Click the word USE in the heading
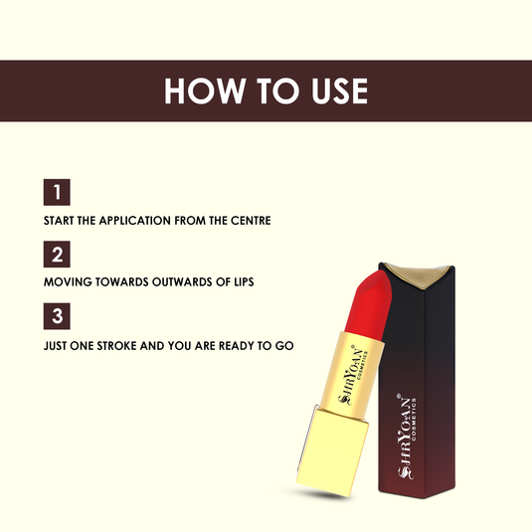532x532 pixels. pyautogui.click(x=335, y=90)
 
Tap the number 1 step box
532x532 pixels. pyautogui.click(x=57, y=192)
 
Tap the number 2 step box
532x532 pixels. pyautogui.click(x=57, y=255)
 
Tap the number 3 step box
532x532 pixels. pyautogui.click(x=57, y=317)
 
